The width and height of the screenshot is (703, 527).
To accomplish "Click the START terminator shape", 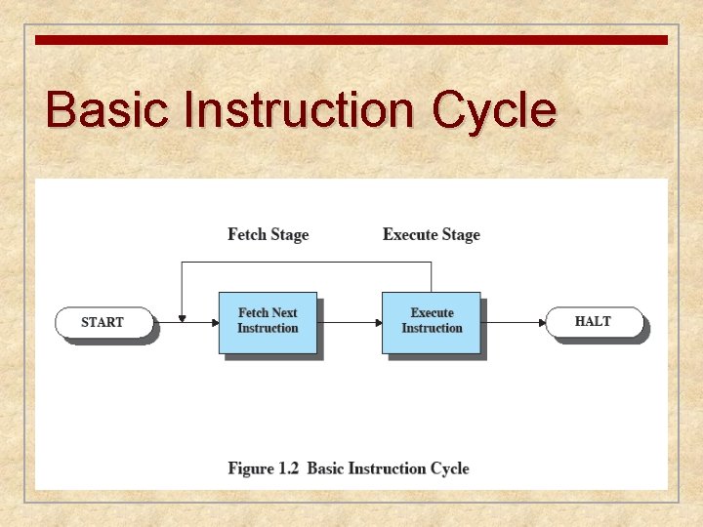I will (x=103, y=322).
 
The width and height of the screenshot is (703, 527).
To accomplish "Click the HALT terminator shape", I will (x=594, y=321).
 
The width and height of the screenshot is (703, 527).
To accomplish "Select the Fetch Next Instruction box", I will (x=268, y=321).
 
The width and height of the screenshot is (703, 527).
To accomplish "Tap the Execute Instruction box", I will (x=432, y=321).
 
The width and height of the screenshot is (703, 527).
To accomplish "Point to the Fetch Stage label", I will (x=268, y=234).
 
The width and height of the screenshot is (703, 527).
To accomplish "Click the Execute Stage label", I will (x=432, y=234).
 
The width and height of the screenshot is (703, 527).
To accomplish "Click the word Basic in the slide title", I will (x=101, y=110).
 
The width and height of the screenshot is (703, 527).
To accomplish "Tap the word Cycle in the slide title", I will (x=494, y=110).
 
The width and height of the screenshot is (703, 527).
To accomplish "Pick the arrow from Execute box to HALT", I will (x=513, y=321).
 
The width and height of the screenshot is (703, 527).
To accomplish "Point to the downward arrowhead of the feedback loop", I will (x=182, y=317).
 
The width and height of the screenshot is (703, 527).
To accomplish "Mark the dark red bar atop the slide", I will (x=351, y=40).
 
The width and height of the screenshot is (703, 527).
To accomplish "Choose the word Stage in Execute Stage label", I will (x=460, y=234).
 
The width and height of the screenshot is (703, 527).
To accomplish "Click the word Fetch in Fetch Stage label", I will (x=248, y=234).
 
